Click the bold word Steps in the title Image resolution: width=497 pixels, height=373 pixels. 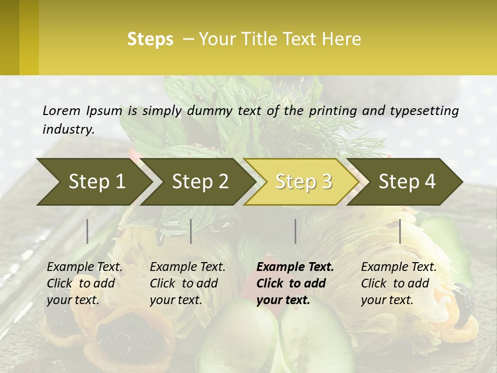pyautogui.click(x=150, y=39)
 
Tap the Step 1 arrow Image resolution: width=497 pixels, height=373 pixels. pyautogui.click(x=96, y=181)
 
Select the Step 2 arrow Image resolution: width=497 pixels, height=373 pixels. pyautogui.click(x=200, y=181)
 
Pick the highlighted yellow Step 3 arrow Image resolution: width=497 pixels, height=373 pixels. pyautogui.click(x=303, y=181)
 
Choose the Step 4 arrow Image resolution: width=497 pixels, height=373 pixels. pyautogui.click(x=407, y=181)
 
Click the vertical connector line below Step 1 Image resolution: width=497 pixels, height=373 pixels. pyautogui.click(x=87, y=231)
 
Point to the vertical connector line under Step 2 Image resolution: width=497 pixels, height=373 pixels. pyautogui.click(x=191, y=231)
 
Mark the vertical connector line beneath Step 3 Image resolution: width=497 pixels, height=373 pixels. pyautogui.click(x=296, y=231)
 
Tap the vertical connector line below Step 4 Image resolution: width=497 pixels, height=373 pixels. pyautogui.click(x=400, y=231)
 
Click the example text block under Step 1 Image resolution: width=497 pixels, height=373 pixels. pyautogui.click(x=84, y=283)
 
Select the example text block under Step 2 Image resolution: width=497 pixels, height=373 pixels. pyautogui.click(x=187, y=283)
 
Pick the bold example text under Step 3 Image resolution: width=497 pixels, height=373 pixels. pyautogui.click(x=295, y=283)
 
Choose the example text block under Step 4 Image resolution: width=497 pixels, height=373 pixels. pyautogui.click(x=399, y=283)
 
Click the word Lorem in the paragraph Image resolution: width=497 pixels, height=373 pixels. pyautogui.click(x=62, y=110)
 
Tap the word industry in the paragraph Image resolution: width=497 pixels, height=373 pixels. pyautogui.click(x=68, y=129)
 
